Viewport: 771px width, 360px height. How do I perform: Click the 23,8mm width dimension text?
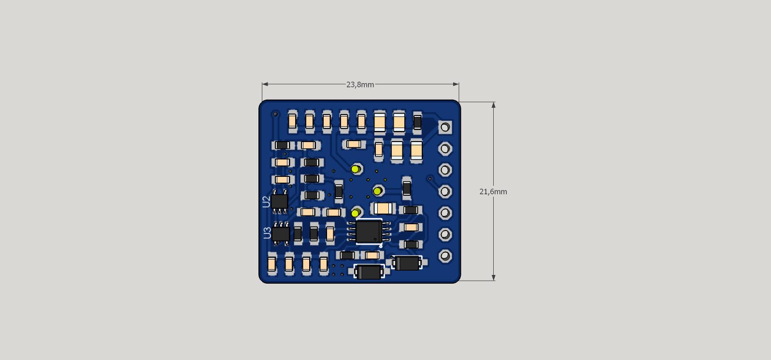360,85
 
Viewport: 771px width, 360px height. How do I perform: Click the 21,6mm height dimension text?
493,192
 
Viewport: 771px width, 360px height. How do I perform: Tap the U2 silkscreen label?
266,202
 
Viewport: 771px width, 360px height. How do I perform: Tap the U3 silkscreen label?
267,233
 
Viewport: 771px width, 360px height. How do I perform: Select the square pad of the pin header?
445,128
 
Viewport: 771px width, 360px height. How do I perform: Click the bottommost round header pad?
445,256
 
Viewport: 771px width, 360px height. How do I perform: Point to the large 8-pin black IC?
369,231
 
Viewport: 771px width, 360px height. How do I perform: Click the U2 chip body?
280,201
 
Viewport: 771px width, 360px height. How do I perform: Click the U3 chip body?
281,234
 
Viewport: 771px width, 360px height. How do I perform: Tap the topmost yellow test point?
356,169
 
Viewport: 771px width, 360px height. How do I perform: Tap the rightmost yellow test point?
377,191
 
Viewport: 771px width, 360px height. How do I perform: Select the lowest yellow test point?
355,213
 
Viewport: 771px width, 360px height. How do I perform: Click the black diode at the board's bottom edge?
370,272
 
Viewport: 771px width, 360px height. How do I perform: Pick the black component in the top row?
417,122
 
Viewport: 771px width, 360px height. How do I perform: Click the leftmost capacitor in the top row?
292,121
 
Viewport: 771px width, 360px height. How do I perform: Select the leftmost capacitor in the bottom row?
271,264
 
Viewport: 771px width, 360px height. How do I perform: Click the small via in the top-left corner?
275,114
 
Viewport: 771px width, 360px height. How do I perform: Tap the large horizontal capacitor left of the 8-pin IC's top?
383,208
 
